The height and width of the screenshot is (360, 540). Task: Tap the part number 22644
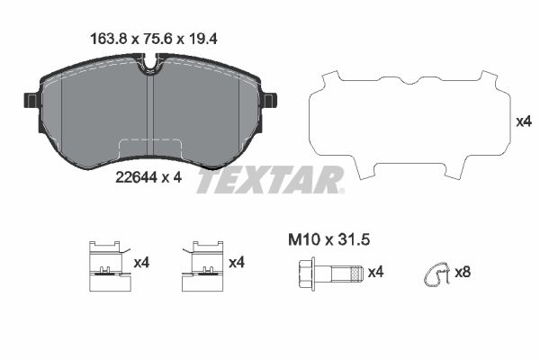click(136, 178)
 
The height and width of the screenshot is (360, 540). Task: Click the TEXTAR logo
click(270, 180)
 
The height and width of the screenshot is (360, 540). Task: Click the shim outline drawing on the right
click(403, 123)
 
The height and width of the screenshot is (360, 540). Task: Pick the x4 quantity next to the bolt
click(376, 271)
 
